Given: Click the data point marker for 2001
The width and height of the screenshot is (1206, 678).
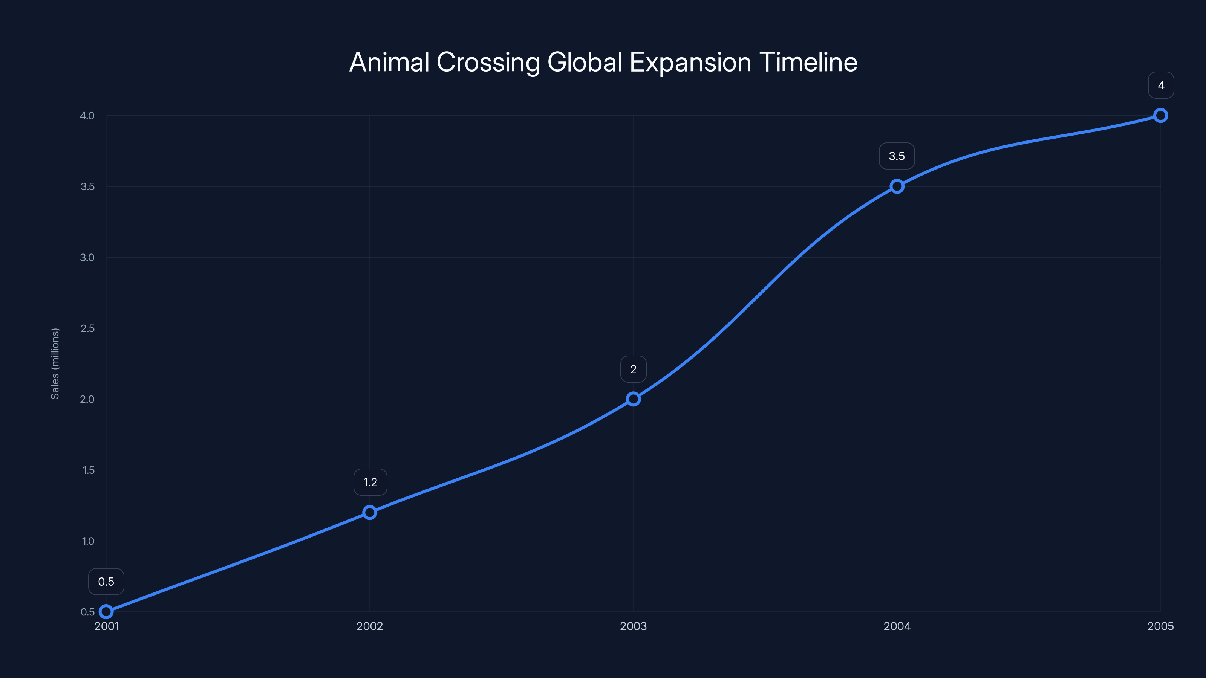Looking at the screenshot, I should click(x=106, y=612).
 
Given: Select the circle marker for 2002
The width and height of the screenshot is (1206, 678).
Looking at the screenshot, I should click(x=370, y=512).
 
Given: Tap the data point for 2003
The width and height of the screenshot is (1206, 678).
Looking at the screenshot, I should click(x=634, y=399).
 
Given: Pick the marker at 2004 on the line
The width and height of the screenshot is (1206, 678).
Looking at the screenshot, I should click(x=897, y=186).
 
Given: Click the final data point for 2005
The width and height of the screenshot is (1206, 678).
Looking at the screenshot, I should click(x=1161, y=116).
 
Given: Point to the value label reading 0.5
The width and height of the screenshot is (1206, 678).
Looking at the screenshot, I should click(x=106, y=582).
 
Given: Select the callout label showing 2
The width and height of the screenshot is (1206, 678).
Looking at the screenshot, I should click(x=634, y=369).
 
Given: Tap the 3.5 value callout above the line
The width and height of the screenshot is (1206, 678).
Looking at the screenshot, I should click(x=897, y=156).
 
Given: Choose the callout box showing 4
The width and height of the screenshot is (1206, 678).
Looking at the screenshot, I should click(x=1161, y=85).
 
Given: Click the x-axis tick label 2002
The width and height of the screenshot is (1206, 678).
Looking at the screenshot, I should click(x=370, y=626).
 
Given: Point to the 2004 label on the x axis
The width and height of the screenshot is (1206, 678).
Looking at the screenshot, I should click(x=897, y=626).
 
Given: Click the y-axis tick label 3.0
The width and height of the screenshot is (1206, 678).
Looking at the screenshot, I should click(x=87, y=257).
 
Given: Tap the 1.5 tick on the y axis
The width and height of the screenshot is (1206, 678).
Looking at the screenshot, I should click(x=88, y=470).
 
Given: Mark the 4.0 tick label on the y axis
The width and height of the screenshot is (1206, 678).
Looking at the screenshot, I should click(x=87, y=116).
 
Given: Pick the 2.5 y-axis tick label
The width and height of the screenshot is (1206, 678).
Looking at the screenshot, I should click(x=87, y=328).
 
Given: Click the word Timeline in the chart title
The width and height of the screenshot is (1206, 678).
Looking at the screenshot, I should click(x=808, y=62).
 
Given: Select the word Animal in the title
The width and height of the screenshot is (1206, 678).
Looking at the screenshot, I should click(x=390, y=62).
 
